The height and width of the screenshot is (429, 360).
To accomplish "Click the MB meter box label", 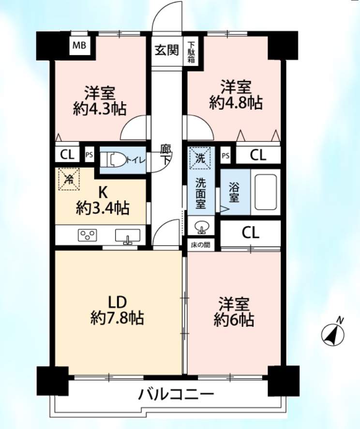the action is [x=79, y=45].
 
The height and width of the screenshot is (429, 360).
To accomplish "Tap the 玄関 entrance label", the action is [x=167, y=50].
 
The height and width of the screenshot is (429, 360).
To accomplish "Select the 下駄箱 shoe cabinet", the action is [x=191, y=52].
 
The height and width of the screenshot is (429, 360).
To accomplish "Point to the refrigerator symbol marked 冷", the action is [x=69, y=179].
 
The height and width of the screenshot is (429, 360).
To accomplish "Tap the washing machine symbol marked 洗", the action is [x=200, y=158].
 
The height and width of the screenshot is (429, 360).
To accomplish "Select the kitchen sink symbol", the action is [x=127, y=236].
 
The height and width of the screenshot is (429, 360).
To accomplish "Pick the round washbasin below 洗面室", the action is [x=202, y=227].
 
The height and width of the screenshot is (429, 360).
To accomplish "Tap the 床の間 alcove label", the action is [x=201, y=245].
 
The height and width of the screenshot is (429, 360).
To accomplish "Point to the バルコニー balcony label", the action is [x=176, y=394].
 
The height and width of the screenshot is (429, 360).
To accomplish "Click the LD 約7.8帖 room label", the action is [x=118, y=310].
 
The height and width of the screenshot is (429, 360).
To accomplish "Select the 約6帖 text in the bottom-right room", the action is [x=234, y=320].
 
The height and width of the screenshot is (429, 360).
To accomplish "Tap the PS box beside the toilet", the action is [x=89, y=155].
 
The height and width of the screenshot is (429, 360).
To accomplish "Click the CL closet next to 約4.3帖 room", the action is [x=67, y=155].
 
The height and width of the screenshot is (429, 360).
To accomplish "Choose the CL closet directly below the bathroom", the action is [x=250, y=233].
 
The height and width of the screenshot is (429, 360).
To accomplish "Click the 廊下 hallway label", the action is [x=166, y=154].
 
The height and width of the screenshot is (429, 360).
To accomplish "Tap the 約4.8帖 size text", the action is [x=236, y=103].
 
